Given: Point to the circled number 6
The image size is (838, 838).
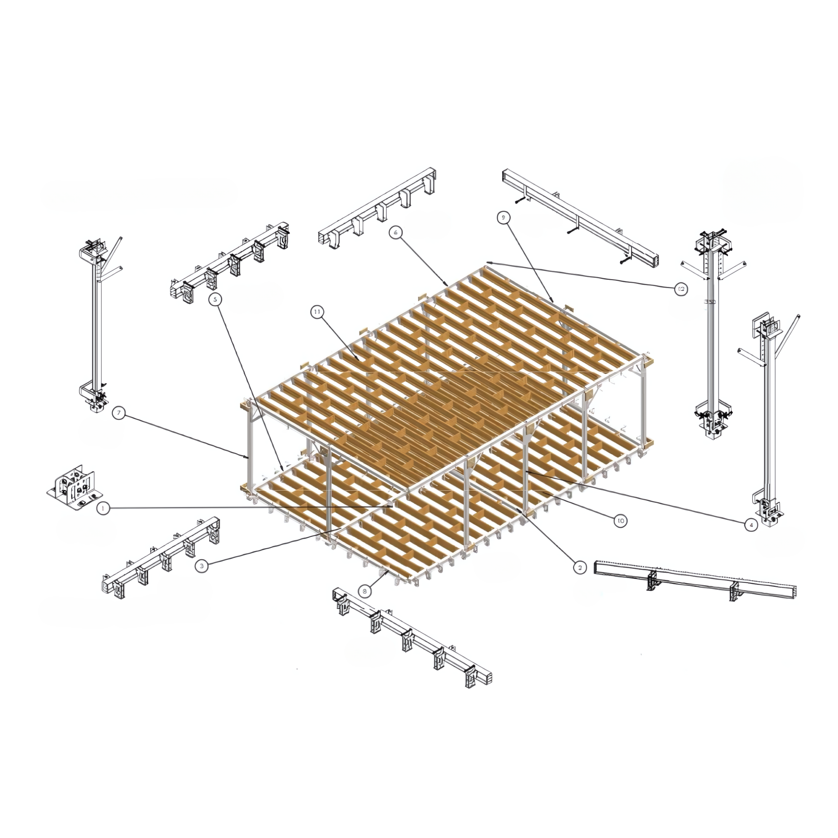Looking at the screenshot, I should [x=395, y=232].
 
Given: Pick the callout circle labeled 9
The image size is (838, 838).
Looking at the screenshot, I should [x=503, y=218].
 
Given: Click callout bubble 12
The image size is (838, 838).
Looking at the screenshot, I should [x=681, y=289].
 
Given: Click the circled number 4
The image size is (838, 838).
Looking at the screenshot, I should [x=751, y=525].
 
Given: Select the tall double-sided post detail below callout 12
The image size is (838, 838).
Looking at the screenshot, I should [x=713, y=338].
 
